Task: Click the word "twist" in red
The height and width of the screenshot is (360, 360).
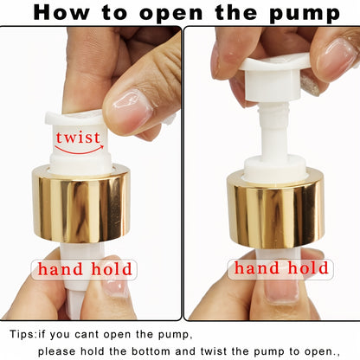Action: coord(78,138)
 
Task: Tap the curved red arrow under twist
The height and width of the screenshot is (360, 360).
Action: coord(78,153)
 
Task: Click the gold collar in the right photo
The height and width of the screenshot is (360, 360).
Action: coord(275,209)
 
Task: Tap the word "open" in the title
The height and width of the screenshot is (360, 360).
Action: coord(164,14)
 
